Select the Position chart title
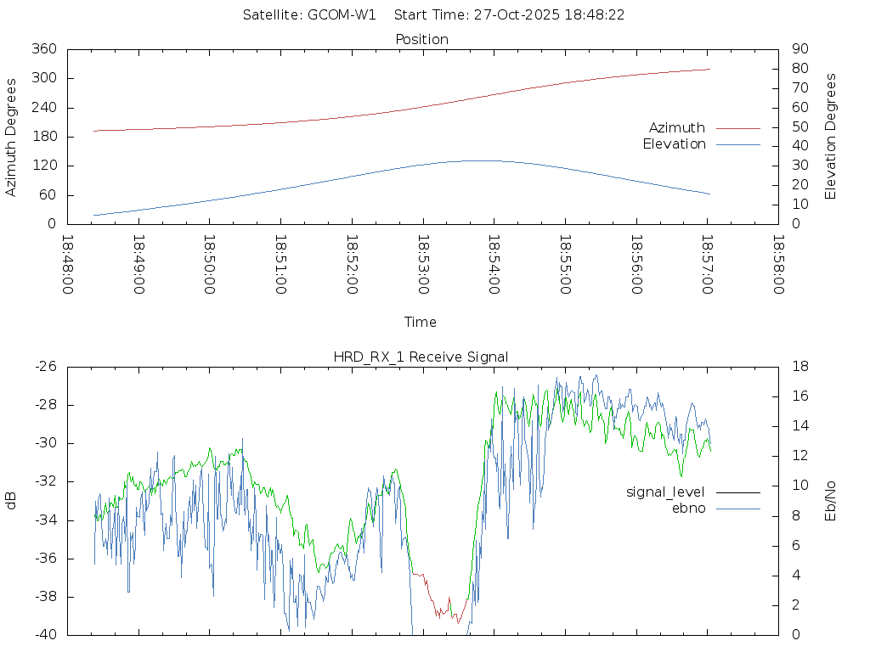coord(422,39)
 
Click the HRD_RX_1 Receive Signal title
coord(421,357)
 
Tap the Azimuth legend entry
coord(677,128)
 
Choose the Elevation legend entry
coord(674,144)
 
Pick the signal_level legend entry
coord(665,492)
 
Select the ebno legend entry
coord(688,508)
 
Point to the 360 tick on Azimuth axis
coord(44,49)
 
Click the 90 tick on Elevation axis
coord(798,49)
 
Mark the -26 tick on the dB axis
coord(45,367)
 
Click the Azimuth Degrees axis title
coord(11,137)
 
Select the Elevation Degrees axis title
coord(831,137)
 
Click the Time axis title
coord(421,323)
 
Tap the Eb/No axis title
coord(831,500)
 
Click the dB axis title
coord(11,500)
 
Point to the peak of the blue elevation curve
coord(472,160)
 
